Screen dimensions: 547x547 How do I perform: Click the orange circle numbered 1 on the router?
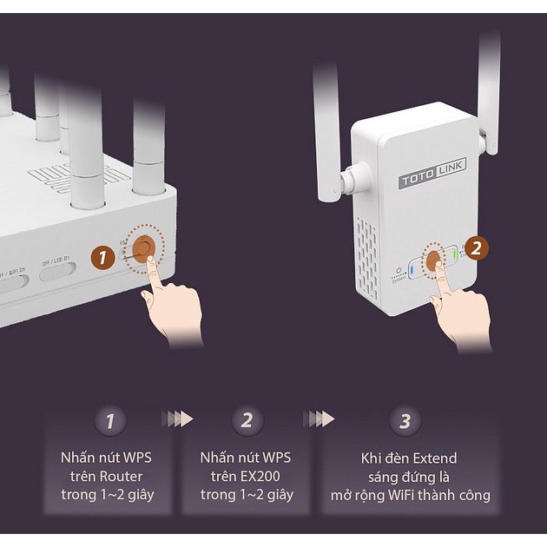(x=103, y=257)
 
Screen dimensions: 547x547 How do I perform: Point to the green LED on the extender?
(x=454, y=255)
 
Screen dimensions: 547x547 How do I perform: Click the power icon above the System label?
(x=397, y=270)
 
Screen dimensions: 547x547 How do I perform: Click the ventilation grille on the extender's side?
(x=370, y=252)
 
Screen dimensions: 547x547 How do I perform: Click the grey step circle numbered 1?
(x=110, y=421)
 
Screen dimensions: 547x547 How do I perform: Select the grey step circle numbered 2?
(x=247, y=421)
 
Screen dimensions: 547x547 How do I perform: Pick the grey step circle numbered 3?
(x=405, y=421)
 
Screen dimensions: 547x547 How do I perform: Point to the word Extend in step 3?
(x=434, y=458)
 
